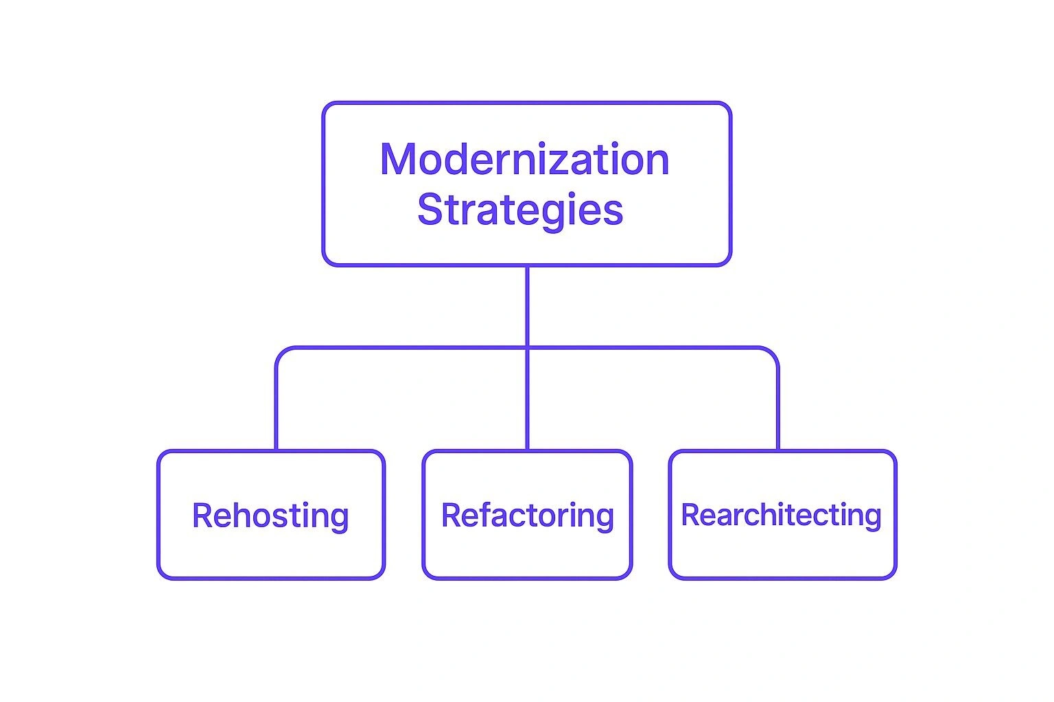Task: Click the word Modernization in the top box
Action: [524, 160]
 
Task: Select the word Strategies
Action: [520, 210]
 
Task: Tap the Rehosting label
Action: [270, 516]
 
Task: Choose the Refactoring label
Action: [527, 516]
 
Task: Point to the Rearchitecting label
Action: [781, 515]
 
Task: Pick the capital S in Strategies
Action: [429, 210]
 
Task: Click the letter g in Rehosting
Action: [338, 519]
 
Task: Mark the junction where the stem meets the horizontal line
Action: [527, 348]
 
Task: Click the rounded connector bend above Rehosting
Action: [281, 353]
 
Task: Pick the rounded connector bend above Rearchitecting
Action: [772, 353]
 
